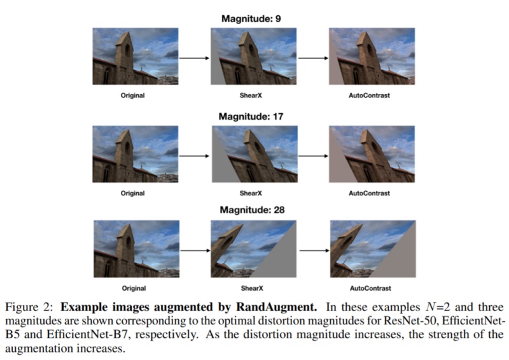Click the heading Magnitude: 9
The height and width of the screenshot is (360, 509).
click(x=251, y=18)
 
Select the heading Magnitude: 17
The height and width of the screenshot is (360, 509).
click(x=251, y=116)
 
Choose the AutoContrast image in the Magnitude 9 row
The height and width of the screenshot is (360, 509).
click(x=368, y=56)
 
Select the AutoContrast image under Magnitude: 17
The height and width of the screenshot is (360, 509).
click(x=368, y=153)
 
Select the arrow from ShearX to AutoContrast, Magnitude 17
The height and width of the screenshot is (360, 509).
click(x=311, y=154)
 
